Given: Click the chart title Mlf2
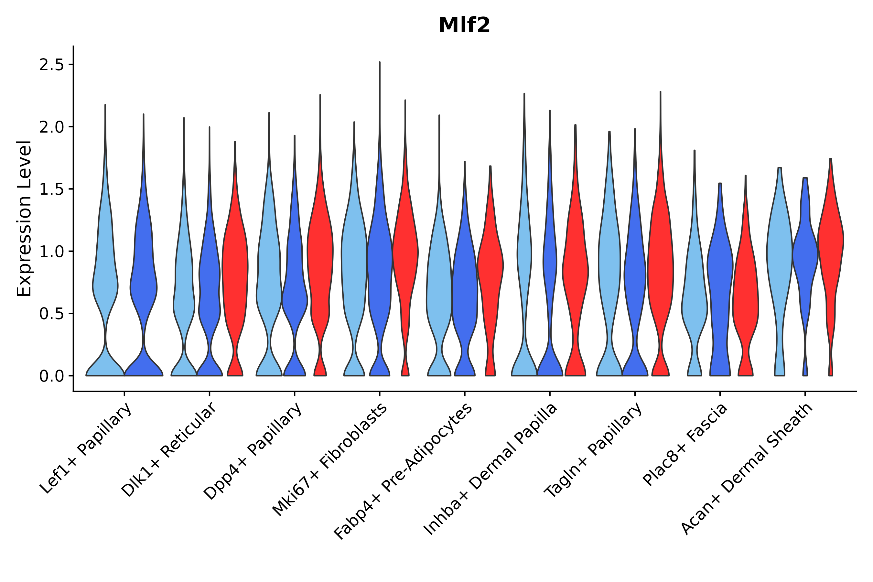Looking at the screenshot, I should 464,26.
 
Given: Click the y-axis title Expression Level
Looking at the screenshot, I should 25,218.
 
